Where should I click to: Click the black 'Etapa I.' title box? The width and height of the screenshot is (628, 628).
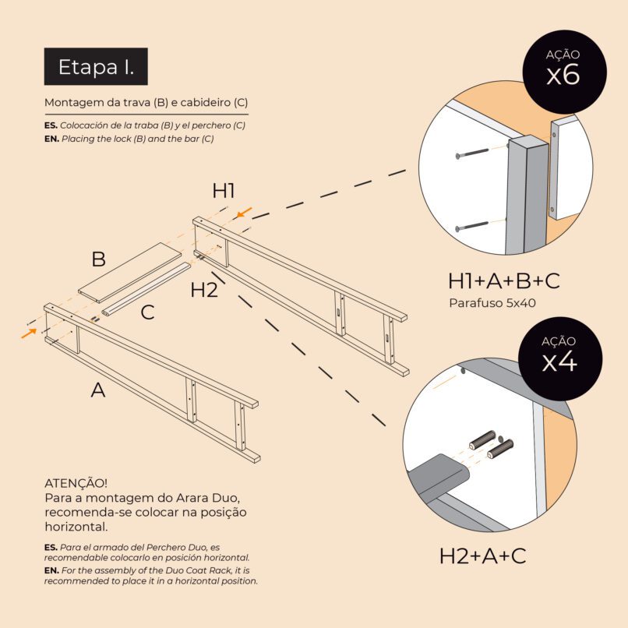coord(96,66)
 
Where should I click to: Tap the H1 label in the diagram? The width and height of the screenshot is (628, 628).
coord(224,191)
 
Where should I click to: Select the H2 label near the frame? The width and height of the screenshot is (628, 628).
coord(204,290)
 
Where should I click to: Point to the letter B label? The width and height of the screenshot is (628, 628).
coord(98,259)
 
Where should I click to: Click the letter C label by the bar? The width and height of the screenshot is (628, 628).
coord(147,312)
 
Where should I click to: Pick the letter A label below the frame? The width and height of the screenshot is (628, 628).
coord(98,390)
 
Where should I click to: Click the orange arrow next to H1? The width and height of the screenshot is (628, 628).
coord(244,213)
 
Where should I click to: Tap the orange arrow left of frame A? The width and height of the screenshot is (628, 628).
coord(29,333)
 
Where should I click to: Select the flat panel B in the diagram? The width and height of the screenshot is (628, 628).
coord(130,273)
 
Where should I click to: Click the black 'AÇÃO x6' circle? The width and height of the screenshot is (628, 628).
coord(564,72)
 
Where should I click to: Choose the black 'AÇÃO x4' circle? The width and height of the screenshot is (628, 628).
coord(560,358)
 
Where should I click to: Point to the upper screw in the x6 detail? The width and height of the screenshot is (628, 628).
coord(472,153)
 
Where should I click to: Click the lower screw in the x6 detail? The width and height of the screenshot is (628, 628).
coord(472,226)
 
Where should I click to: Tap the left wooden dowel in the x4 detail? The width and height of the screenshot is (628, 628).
coord(482,440)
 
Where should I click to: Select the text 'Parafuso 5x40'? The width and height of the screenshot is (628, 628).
coord(492,303)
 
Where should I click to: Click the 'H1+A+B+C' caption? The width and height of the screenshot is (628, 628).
coord(504,280)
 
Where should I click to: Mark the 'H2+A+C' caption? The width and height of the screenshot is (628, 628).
coord(482,556)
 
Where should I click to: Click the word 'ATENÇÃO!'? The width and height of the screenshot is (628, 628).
coord(76,482)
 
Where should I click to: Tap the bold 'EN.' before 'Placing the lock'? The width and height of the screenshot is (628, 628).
coord(51,139)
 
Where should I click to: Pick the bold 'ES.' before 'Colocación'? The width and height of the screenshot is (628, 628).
coord(51,125)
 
